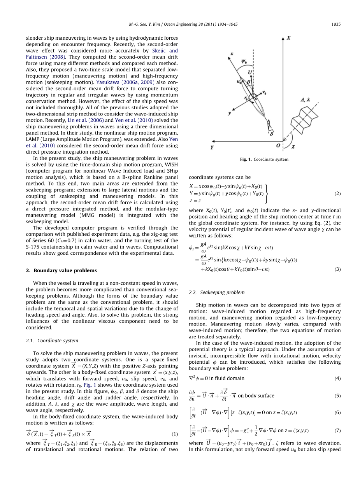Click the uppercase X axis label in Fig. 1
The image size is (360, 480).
coord(289,38)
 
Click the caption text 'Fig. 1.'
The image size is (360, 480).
coord(246,159)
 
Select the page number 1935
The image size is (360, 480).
coord(336,24)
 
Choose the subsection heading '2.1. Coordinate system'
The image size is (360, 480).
coord(52,340)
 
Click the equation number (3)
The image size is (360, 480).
coord(337,269)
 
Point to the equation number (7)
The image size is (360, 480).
coord(337,430)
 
